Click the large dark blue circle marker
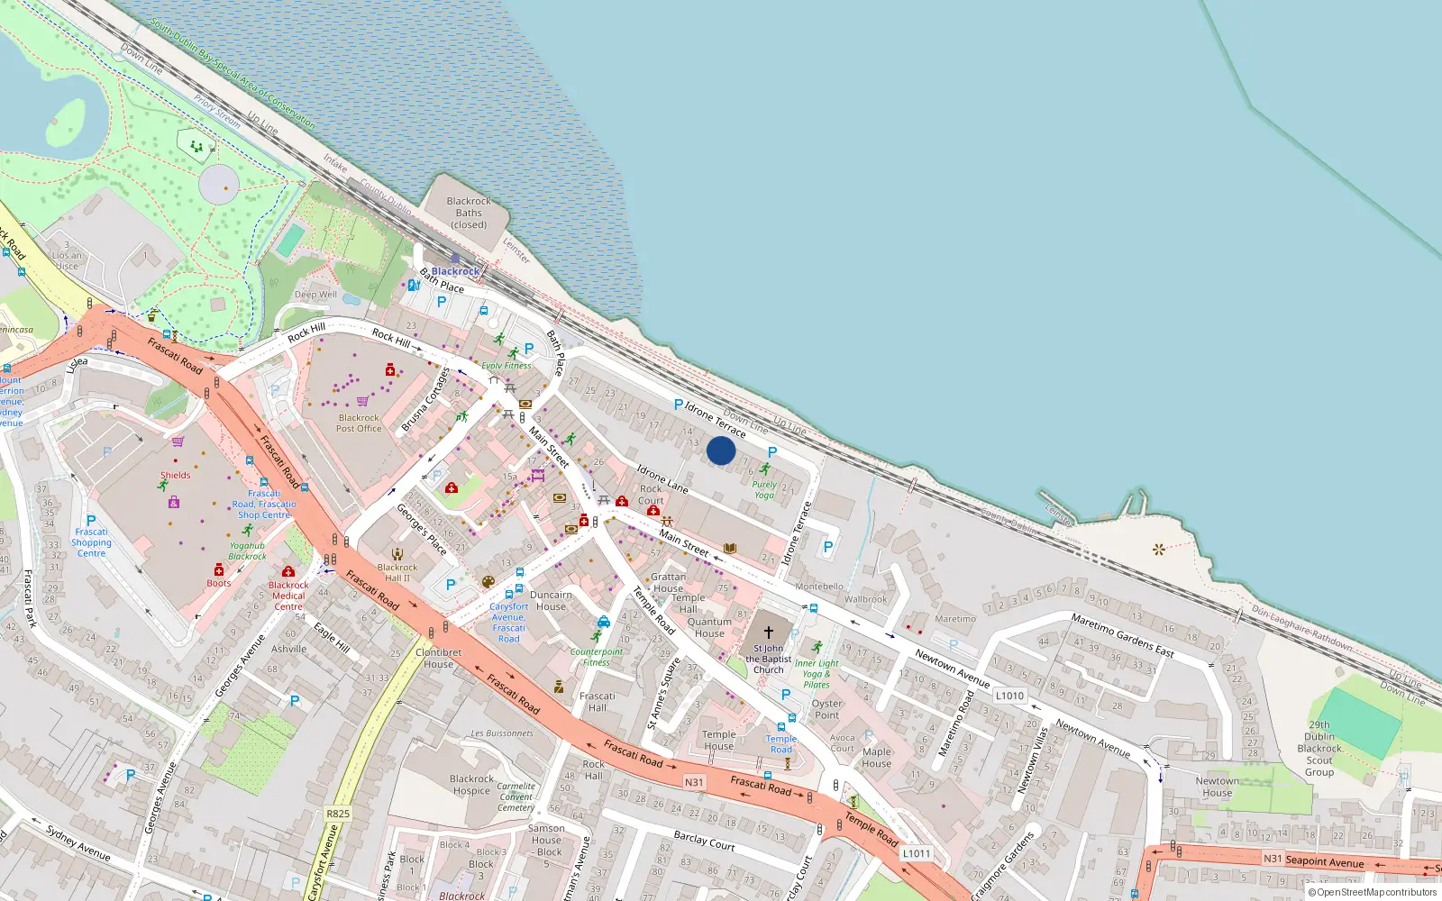click(x=721, y=450)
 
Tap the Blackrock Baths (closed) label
click(x=469, y=214)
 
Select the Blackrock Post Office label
click(x=359, y=423)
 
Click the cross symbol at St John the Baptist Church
click(x=769, y=633)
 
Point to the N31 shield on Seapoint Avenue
click(x=1272, y=859)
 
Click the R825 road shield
click(x=338, y=814)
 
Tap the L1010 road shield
click(x=1009, y=696)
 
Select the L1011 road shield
click(x=917, y=853)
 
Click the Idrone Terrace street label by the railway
click(x=715, y=419)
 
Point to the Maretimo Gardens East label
click(x=1122, y=635)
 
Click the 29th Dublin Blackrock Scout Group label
click(x=1319, y=748)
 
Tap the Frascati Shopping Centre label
click(x=91, y=542)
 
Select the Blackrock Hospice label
click(x=471, y=785)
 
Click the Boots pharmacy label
click(x=219, y=583)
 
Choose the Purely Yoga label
click(x=764, y=489)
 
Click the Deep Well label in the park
click(x=315, y=295)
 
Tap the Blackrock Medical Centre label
click(x=288, y=596)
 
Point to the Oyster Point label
click(x=826, y=709)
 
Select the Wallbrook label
click(x=865, y=599)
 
